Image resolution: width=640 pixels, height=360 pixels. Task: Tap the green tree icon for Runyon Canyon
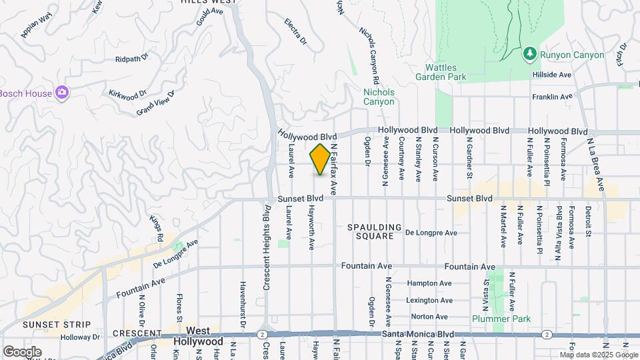530,53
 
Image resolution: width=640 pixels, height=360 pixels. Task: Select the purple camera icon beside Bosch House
62,93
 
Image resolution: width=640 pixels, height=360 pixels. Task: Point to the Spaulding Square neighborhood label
374,232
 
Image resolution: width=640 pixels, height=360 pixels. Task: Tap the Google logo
22,351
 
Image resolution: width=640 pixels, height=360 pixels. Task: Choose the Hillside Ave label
552,75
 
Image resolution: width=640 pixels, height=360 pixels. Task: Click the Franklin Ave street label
552,97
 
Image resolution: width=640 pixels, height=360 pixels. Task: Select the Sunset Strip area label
42,324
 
